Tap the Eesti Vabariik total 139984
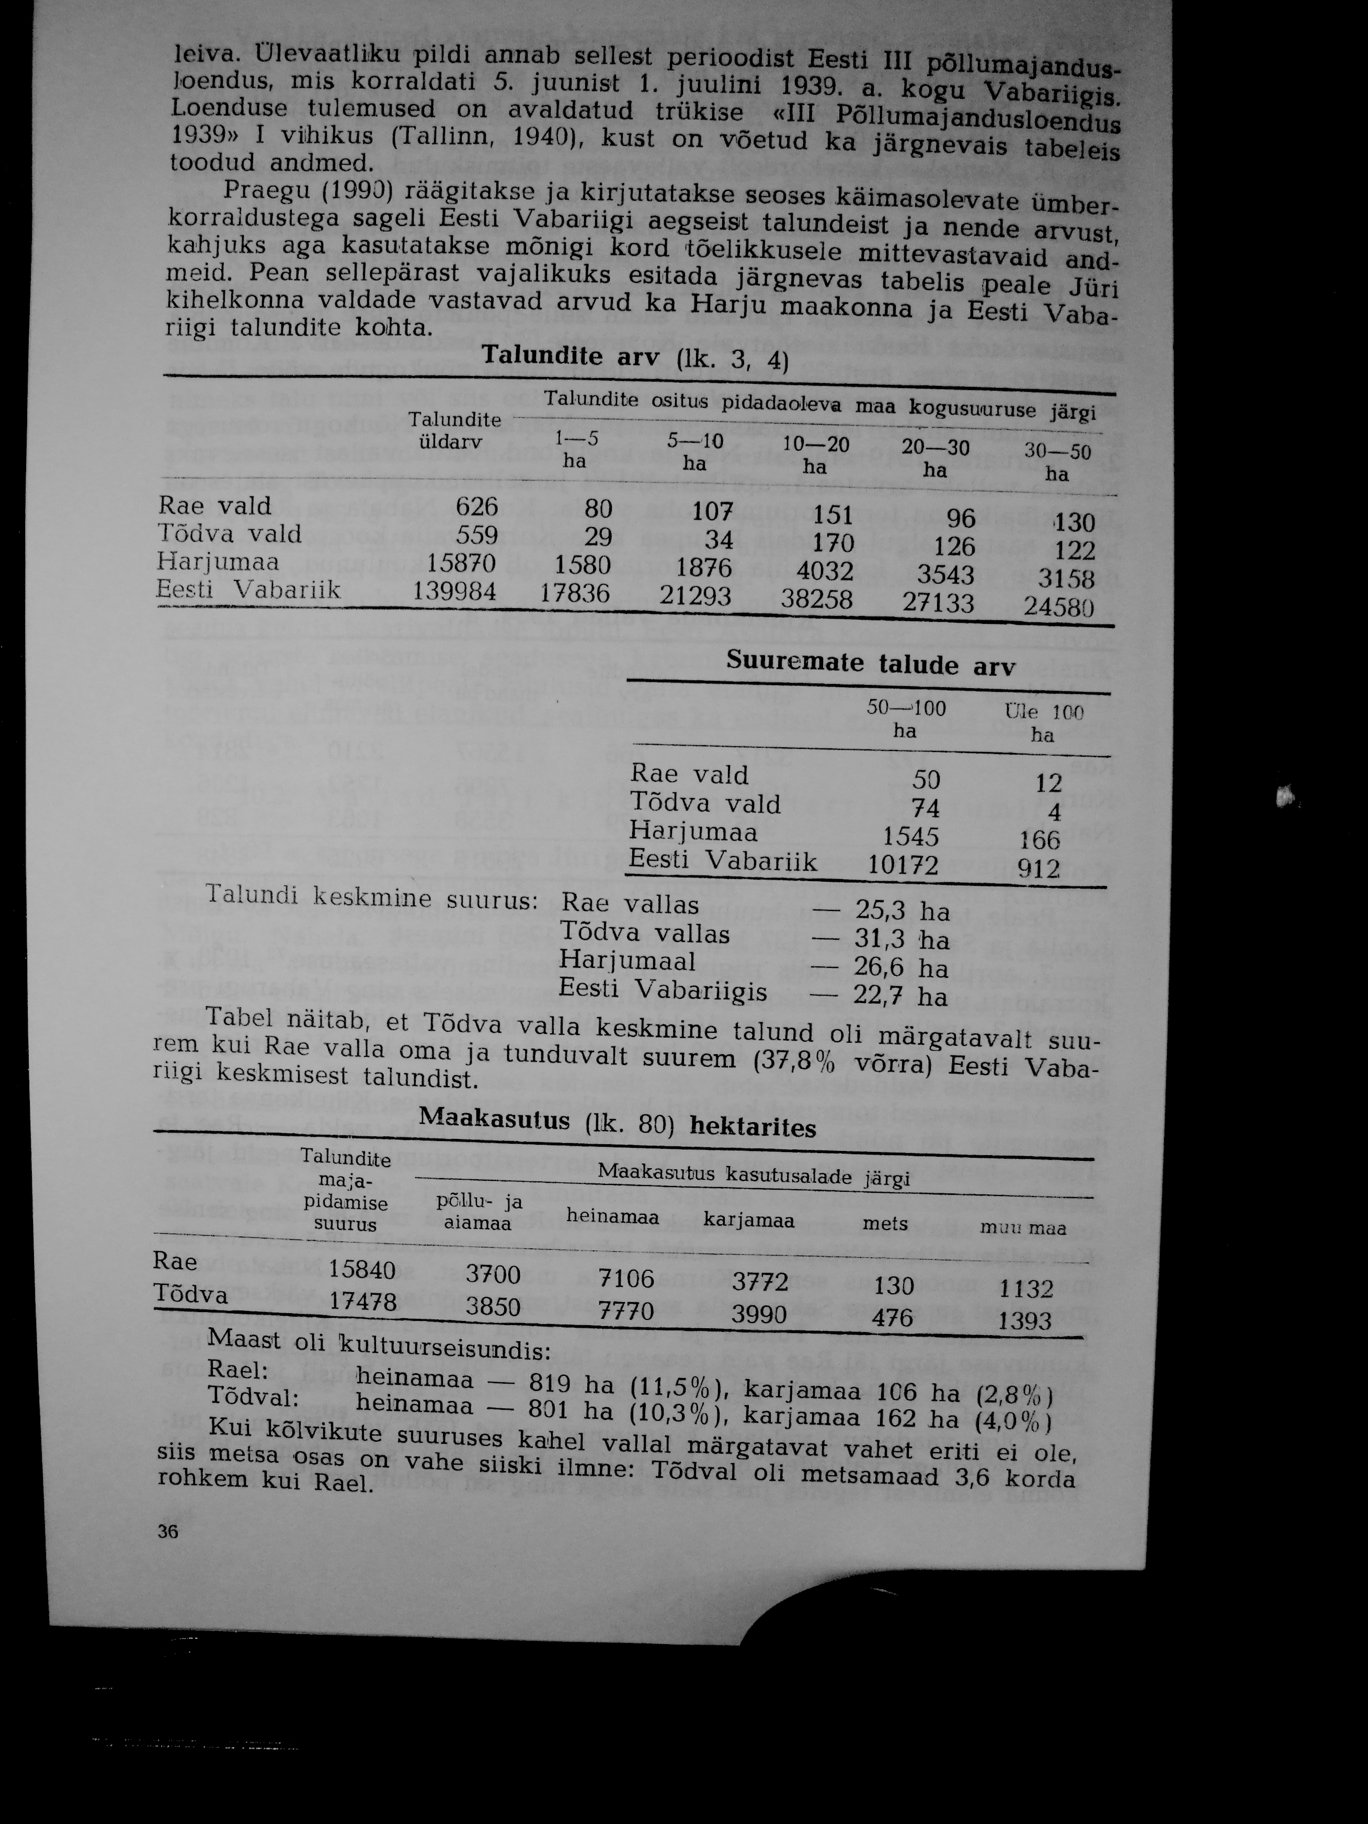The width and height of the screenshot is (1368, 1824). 453,590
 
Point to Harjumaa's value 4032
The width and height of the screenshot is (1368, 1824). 819,571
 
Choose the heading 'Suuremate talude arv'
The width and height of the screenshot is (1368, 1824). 871,664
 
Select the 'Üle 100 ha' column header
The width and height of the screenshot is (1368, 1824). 1043,722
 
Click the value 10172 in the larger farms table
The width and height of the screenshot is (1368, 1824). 903,865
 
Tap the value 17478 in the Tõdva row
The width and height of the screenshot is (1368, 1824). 363,1301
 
